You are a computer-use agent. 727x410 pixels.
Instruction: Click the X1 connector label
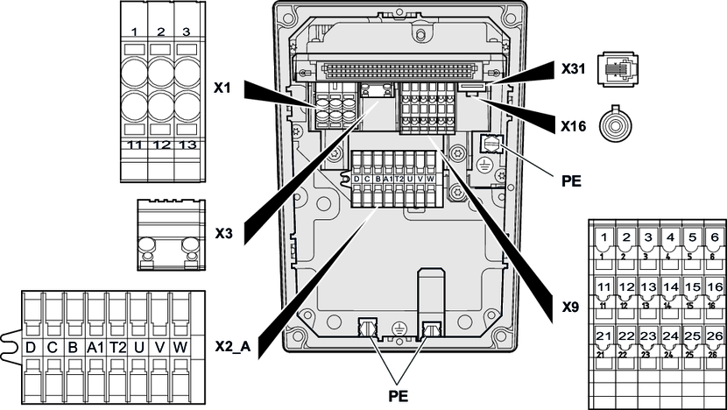pyautogui.click(x=222, y=88)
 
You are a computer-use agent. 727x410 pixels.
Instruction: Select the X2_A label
pyautogui.click(x=232, y=346)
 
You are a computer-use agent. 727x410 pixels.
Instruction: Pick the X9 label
pyautogui.click(x=570, y=308)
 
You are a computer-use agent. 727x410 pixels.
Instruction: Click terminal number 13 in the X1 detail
pyautogui.click(x=185, y=145)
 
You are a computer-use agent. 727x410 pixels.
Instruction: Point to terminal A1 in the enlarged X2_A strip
pyautogui.click(x=95, y=348)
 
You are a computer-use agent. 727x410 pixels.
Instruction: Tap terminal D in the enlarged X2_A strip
pyautogui.click(x=32, y=348)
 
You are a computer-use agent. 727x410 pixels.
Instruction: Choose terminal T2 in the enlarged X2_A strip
pyautogui.click(x=117, y=348)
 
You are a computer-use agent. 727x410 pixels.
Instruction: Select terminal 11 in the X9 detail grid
pyautogui.click(x=604, y=287)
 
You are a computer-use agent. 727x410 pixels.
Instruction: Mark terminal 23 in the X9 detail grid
pyautogui.click(x=648, y=336)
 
